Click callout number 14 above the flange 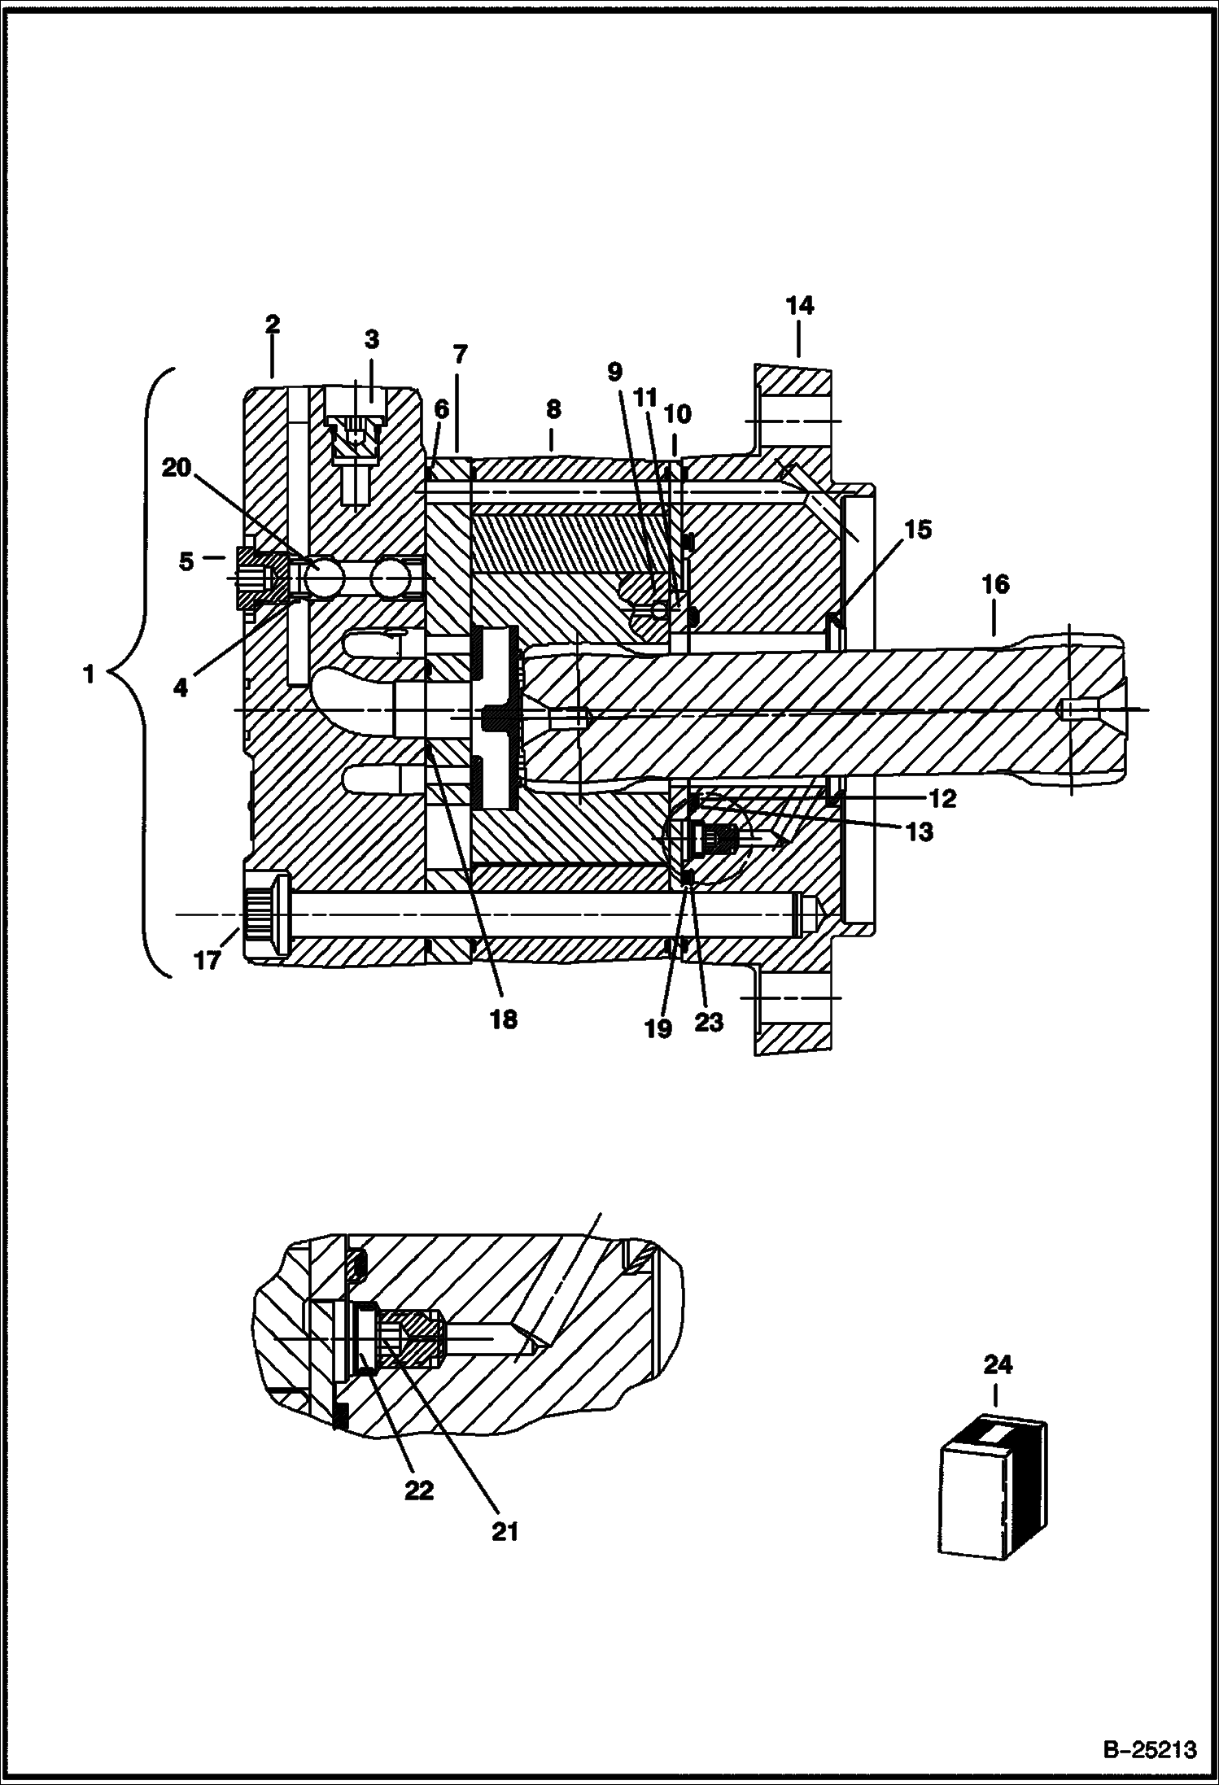(799, 306)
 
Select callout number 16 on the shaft (994, 583)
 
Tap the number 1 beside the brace (89, 674)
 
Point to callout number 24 (998, 1364)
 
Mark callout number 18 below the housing (504, 1019)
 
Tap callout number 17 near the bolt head (207, 961)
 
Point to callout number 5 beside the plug (186, 561)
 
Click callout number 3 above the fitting (371, 338)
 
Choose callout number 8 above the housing (553, 408)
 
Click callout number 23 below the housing (708, 1022)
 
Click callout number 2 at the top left (272, 324)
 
